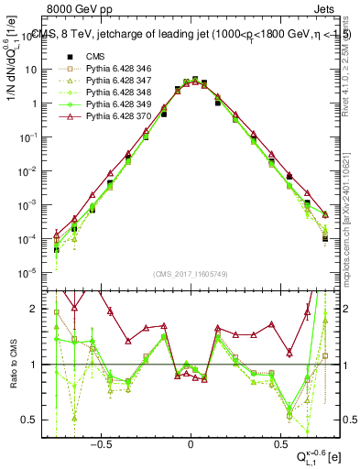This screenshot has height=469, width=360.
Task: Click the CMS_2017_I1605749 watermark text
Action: tap(190, 274)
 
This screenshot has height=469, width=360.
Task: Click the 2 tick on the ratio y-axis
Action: tap(39, 309)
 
